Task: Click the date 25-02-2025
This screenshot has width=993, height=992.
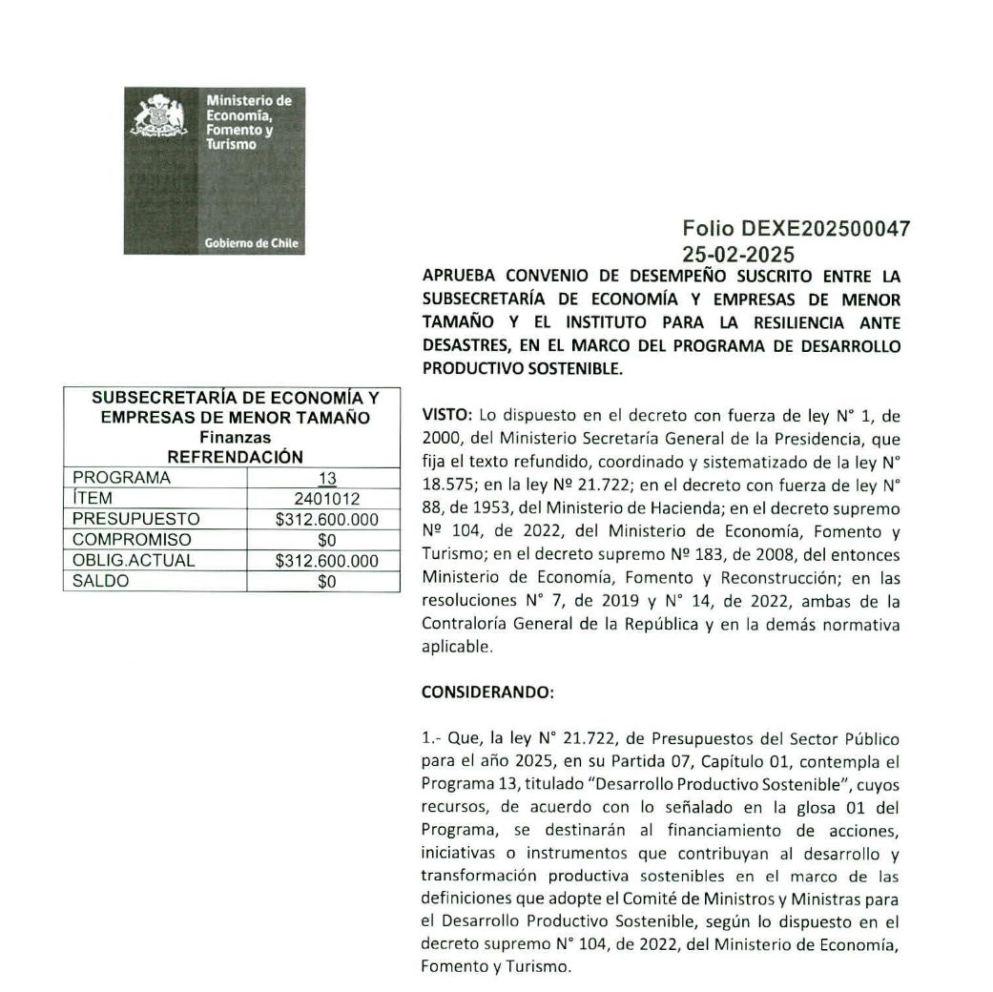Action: [737, 254]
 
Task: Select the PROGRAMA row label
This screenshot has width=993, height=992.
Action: [121, 478]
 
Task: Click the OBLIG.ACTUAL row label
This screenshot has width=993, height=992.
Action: [134, 561]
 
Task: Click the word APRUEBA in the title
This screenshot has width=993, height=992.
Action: [459, 276]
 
